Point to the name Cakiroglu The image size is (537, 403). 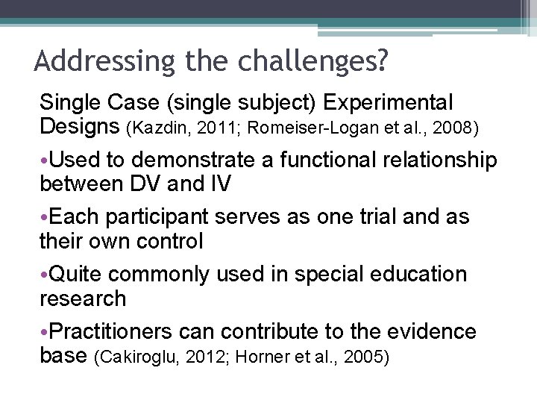click(x=134, y=357)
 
